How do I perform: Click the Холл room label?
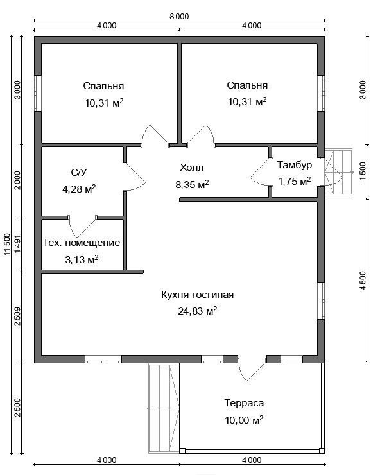click(x=191, y=168)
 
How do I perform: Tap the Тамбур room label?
click(x=295, y=165)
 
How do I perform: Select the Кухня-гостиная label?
click(x=197, y=295)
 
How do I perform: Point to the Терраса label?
click(x=244, y=403)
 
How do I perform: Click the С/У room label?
click(x=79, y=173)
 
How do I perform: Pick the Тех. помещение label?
click(x=82, y=243)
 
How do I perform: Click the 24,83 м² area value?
click(x=197, y=311)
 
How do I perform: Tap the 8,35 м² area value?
click(x=192, y=184)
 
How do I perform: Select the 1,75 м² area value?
click(x=295, y=182)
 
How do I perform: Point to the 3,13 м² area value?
click(x=82, y=259)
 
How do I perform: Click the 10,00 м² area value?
click(x=244, y=420)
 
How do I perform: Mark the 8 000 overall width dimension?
click(x=179, y=16)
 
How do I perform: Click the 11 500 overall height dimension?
click(x=7, y=245)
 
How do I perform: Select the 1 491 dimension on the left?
click(x=18, y=244)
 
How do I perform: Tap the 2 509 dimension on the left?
click(x=18, y=316)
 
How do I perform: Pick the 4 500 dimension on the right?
click(x=363, y=281)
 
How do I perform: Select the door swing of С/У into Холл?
click(x=135, y=177)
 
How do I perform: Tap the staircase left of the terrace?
click(x=164, y=408)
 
